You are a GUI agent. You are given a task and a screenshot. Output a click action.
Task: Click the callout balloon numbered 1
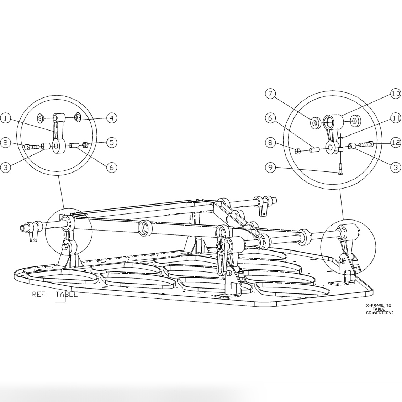point(6,117)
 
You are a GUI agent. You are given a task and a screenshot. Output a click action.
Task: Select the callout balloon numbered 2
point(6,143)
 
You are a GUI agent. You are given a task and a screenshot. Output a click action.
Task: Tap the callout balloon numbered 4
point(112,117)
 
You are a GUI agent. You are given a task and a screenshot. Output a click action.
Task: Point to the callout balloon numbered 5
point(112,143)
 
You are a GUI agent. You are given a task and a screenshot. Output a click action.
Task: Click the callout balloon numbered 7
point(271,94)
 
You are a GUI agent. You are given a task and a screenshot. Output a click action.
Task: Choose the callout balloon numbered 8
point(271,143)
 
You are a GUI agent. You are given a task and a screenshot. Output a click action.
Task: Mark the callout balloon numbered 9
point(271,168)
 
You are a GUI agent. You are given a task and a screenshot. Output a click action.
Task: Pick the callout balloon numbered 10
point(396,94)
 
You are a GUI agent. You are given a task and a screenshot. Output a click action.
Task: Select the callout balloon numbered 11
point(396,118)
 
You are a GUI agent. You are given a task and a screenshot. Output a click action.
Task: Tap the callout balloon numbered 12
point(396,143)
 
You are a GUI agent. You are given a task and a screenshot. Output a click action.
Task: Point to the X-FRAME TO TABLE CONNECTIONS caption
point(380,309)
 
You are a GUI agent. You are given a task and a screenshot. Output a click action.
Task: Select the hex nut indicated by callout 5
point(85,145)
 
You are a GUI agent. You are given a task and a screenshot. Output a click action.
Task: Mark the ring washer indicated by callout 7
point(315,123)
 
